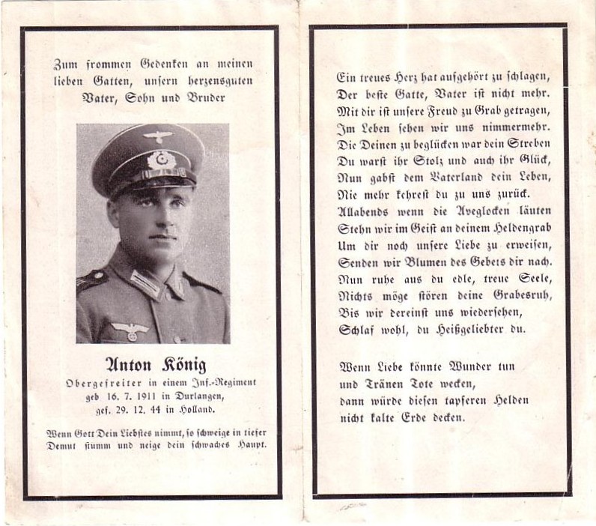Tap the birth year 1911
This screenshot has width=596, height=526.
click(x=138, y=396)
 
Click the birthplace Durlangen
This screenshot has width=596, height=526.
click(x=189, y=396)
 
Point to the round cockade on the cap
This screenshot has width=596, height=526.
click(x=159, y=159)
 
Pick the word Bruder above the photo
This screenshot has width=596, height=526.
click(x=201, y=97)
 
